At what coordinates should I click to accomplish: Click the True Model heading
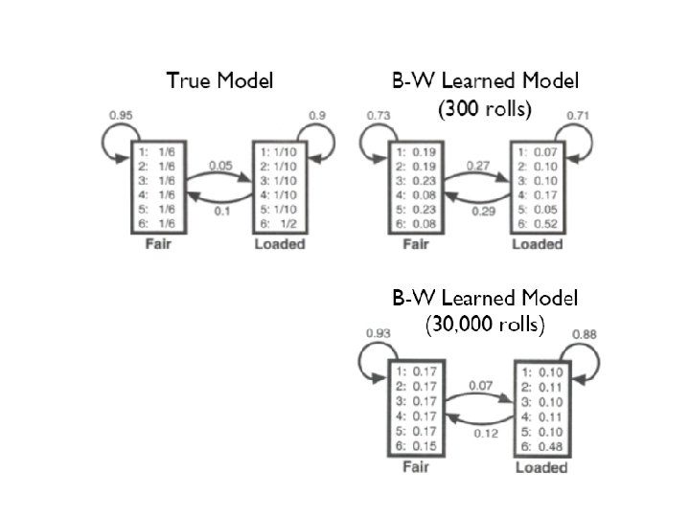tap(219, 80)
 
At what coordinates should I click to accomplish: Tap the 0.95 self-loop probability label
tap(122, 116)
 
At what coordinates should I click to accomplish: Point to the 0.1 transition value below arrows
tap(223, 210)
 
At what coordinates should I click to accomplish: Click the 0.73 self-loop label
tap(380, 116)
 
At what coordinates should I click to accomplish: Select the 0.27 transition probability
tap(477, 165)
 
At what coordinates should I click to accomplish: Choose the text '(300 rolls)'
tap(484, 109)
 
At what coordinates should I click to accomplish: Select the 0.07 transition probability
tap(480, 386)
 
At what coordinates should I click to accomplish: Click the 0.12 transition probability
tap(486, 433)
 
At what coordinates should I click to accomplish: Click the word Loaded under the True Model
tap(279, 244)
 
